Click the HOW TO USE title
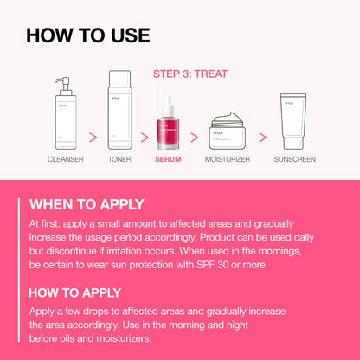point(87,35)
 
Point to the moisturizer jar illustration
point(221,134)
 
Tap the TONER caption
point(120,159)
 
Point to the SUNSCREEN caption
point(294,159)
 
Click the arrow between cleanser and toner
point(93,136)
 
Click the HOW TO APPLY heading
point(75,292)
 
